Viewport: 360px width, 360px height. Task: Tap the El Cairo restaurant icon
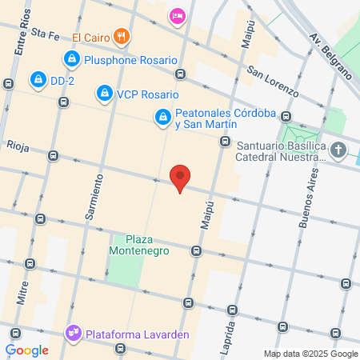(122, 35)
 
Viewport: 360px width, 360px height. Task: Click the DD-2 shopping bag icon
(38, 79)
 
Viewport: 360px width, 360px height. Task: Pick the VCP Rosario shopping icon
(104, 94)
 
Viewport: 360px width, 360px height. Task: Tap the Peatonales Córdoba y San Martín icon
(163, 118)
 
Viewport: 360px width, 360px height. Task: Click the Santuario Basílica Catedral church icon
(338, 150)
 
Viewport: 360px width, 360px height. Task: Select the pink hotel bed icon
(177, 15)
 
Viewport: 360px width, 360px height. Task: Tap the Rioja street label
(17, 146)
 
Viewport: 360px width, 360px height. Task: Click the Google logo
(26, 350)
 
